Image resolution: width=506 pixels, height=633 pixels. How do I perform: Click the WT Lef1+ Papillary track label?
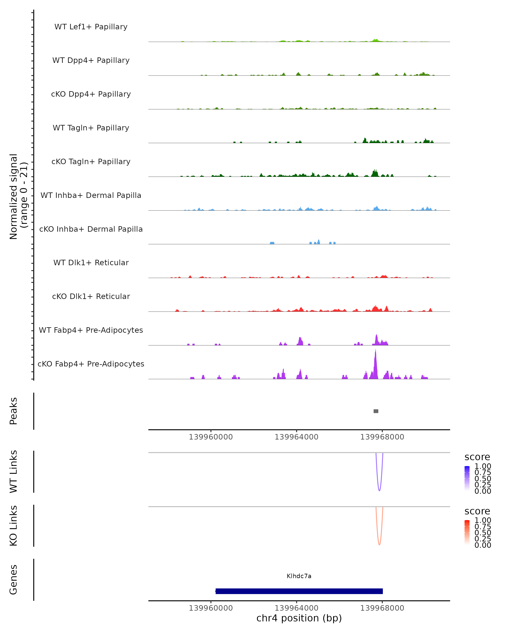91,27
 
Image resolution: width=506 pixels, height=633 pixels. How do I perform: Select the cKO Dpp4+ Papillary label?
91,94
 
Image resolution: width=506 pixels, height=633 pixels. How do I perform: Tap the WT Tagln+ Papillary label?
91,128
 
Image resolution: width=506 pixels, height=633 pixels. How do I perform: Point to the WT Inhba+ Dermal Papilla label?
91,196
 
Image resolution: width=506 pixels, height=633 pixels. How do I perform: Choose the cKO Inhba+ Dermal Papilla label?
91,229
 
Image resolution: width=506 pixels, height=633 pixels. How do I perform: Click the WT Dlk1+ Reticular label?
91,263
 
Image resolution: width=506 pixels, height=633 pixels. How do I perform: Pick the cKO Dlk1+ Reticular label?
91,296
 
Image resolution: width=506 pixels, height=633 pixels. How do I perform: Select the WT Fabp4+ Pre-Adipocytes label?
91,330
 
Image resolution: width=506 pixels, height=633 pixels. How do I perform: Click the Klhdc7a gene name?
299,576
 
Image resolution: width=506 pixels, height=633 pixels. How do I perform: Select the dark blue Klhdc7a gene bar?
299,591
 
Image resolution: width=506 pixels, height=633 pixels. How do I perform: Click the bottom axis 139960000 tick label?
211,608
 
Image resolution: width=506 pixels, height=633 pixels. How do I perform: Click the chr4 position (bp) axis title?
299,618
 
